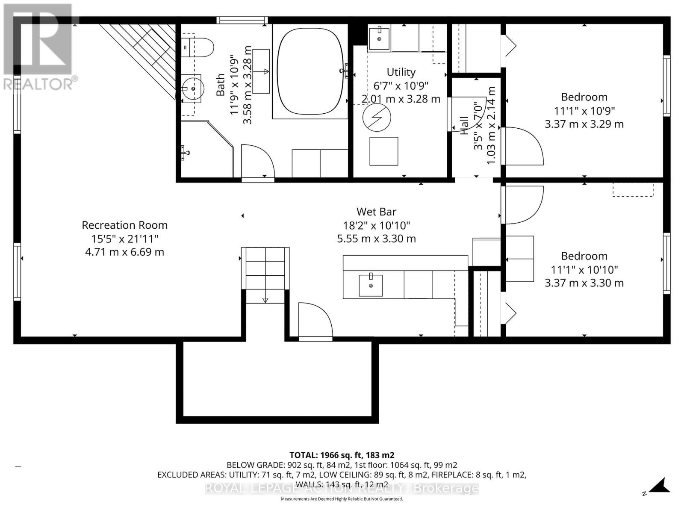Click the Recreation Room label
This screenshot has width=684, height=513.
tap(125, 225)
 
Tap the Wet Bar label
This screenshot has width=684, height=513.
tap(377, 212)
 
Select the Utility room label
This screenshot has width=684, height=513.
tap(401, 72)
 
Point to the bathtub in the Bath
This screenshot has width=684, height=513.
tap(310, 72)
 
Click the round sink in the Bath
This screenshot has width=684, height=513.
tap(193, 89)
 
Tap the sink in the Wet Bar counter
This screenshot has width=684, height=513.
tap(371, 285)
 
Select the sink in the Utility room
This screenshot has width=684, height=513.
tap(379, 38)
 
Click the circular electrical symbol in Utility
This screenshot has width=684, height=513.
tap(377, 118)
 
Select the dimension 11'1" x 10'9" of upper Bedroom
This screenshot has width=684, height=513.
tap(584, 111)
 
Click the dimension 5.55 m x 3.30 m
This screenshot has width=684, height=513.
tap(377, 239)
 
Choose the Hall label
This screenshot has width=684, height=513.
tap(464, 126)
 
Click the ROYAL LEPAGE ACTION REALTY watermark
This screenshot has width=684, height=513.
tap(342, 488)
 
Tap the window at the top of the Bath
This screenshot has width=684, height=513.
tap(242, 20)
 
